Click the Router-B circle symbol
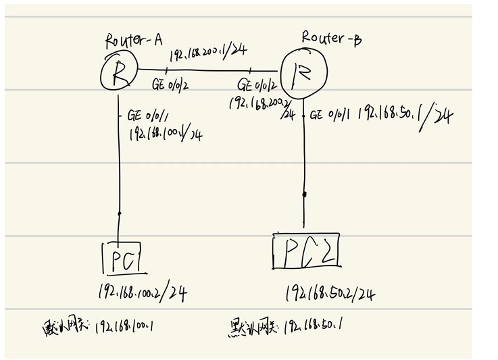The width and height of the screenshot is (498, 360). point(303,73)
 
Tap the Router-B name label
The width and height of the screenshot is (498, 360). point(331,38)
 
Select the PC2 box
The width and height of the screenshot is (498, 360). point(305,251)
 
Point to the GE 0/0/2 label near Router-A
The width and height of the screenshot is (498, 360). point(171,84)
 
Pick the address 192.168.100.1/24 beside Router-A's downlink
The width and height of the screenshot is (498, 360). point(166,134)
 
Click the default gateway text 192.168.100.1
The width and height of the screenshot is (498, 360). point(125,329)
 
